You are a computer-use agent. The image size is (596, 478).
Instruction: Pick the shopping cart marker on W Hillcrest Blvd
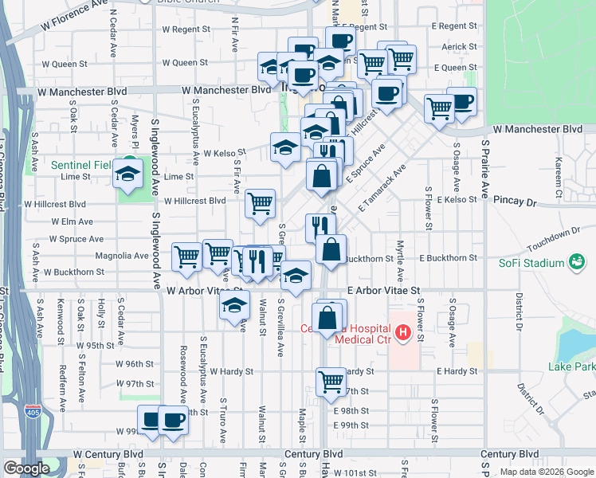[260, 204]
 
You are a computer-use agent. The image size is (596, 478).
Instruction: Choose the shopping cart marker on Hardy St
[331, 382]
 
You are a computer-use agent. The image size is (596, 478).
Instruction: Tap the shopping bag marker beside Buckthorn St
[331, 249]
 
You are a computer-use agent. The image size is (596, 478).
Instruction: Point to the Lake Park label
[571, 366]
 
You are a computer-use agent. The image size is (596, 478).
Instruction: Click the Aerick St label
[459, 47]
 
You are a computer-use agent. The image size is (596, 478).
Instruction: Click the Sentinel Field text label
[80, 165]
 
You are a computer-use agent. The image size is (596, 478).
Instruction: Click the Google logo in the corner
[26, 469]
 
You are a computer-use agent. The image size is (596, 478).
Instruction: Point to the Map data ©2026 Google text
[547, 472]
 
